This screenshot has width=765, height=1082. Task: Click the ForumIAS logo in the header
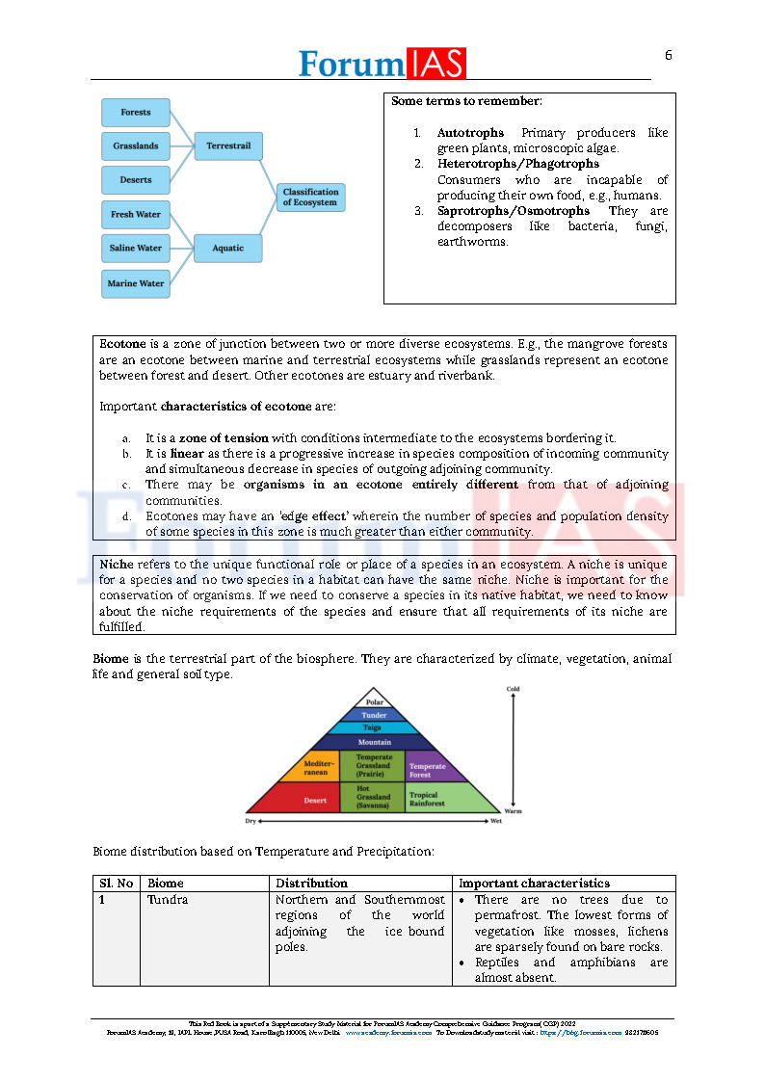click(382, 63)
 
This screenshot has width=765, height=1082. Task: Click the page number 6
click(668, 55)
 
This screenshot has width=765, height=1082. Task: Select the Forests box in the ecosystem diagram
click(135, 113)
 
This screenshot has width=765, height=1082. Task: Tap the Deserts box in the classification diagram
click(135, 180)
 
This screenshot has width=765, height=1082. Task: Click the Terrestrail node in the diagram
click(228, 146)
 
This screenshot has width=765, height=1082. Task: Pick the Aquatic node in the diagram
click(228, 249)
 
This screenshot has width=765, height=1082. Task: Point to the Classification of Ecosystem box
click(310, 198)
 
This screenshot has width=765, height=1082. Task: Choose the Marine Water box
click(135, 283)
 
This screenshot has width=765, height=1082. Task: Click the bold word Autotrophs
click(470, 133)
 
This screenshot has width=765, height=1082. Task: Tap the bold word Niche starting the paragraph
click(117, 564)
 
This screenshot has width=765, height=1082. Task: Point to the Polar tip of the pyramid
click(374, 701)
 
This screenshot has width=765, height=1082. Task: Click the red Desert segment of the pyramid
click(314, 800)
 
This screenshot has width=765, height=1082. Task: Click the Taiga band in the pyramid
click(373, 728)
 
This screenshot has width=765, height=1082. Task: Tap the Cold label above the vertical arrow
click(513, 689)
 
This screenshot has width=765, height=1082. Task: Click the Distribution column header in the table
click(311, 883)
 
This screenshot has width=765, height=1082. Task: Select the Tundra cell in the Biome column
click(168, 899)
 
